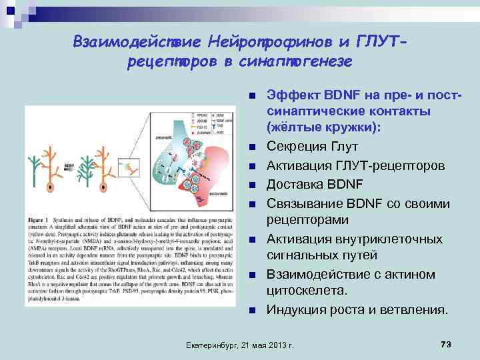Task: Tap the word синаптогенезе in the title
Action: (x=294, y=62)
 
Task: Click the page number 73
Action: (x=447, y=343)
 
